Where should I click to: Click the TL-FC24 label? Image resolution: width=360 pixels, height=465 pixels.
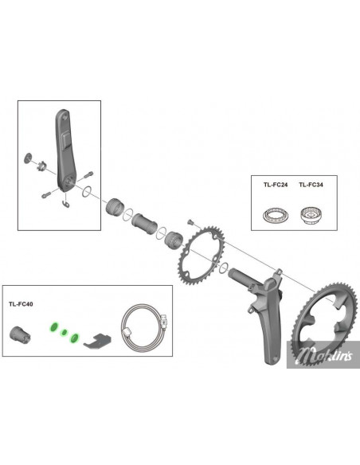point(274,185)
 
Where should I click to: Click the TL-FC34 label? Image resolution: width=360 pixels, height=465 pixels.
point(310,185)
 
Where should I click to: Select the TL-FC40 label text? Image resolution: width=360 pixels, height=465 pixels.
point(22,304)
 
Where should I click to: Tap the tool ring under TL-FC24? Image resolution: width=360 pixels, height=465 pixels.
point(274,213)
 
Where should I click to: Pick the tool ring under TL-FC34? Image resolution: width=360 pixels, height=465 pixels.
point(310,213)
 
